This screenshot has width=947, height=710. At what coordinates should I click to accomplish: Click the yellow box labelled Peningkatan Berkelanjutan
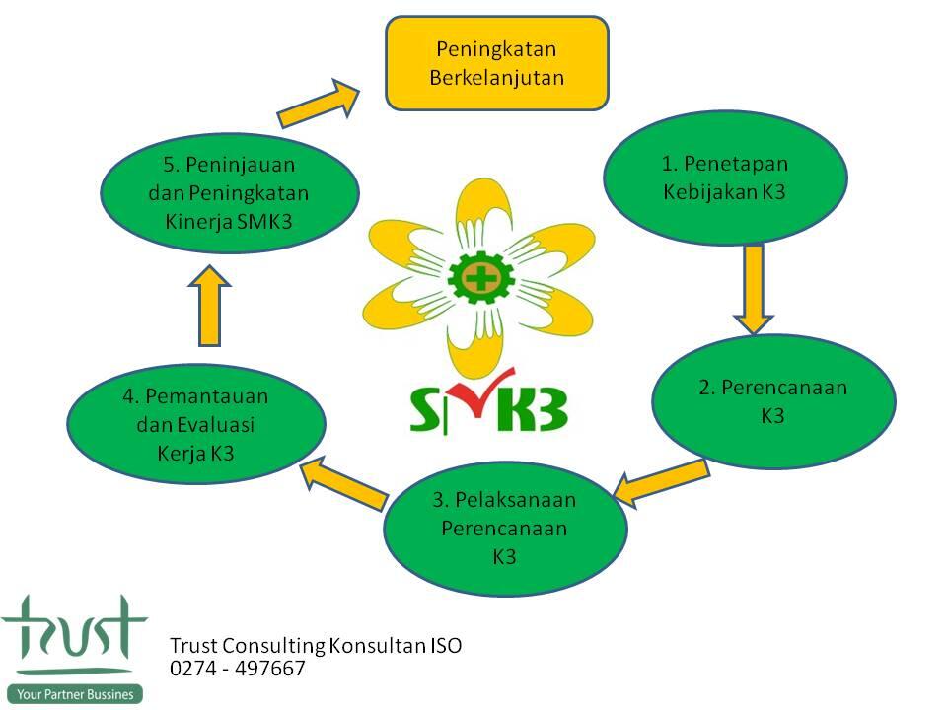pyautogui.click(x=496, y=62)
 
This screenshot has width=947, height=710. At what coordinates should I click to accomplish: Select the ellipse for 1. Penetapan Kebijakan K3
pyautogui.click(x=725, y=177)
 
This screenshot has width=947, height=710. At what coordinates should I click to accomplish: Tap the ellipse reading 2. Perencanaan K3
pyautogui.click(x=773, y=401)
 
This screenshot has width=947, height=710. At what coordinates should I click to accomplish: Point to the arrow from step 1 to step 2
pyautogui.click(x=755, y=288)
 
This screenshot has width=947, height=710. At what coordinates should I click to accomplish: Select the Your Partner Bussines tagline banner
pyautogui.click(x=74, y=694)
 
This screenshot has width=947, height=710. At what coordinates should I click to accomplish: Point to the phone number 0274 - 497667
pyautogui.click(x=238, y=670)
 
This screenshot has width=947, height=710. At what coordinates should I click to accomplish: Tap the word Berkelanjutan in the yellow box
pyautogui.click(x=496, y=77)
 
